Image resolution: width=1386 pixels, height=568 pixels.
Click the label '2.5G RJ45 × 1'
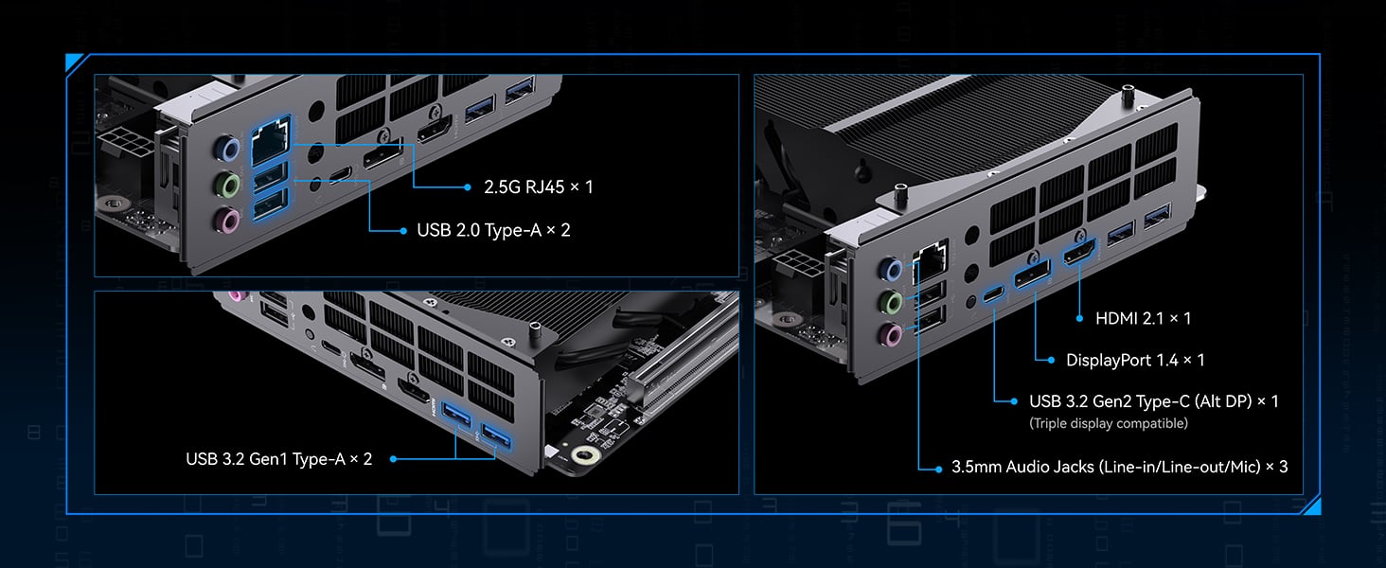(x=538, y=187)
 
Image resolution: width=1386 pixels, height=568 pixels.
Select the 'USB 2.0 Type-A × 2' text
(x=493, y=230)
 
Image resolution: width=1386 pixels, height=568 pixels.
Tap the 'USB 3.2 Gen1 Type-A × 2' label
(x=279, y=459)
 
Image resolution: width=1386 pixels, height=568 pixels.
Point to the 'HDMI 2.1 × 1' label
(x=1143, y=319)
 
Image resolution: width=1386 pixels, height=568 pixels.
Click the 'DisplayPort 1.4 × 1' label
(x=1135, y=360)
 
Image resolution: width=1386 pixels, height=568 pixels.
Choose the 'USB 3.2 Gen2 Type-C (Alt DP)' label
(x=1153, y=401)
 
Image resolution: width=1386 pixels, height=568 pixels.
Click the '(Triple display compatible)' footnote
(x=1108, y=423)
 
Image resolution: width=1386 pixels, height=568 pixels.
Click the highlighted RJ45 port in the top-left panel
(x=270, y=142)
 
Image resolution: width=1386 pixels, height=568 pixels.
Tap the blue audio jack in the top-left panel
(x=227, y=149)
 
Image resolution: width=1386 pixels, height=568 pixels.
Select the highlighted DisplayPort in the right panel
(x=1034, y=277)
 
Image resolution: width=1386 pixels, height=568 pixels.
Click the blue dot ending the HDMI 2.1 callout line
(x=1079, y=319)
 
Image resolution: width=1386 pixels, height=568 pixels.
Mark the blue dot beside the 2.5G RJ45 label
(x=467, y=187)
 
